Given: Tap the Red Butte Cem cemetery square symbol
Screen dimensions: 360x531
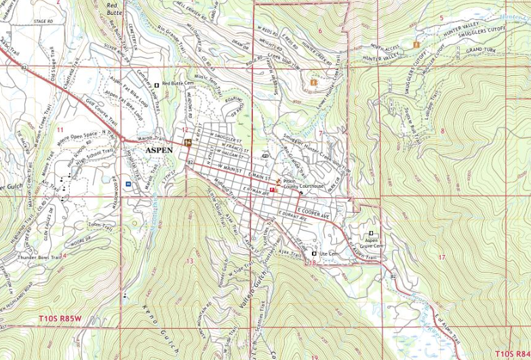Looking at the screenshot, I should pos(157,85).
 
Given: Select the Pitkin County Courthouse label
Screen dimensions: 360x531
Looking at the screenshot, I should pos(303,184).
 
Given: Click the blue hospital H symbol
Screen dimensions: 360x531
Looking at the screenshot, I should pos(128,183).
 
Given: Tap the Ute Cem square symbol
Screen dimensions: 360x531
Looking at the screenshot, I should pos(313,254).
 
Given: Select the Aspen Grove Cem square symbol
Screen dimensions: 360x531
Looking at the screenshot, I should pos(370,234).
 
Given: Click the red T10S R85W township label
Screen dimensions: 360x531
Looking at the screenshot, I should pos(60,317).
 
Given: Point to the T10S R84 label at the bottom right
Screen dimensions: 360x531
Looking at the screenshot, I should pos(511,353).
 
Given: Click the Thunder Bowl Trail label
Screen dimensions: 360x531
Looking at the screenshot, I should pos(40,258).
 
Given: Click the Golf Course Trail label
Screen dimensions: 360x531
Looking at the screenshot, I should pos(100,115).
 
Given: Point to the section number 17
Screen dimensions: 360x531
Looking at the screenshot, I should pos(442,257).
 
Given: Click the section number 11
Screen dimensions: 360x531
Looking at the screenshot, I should pos(60,129).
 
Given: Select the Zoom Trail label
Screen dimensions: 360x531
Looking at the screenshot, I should pos(99,224).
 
